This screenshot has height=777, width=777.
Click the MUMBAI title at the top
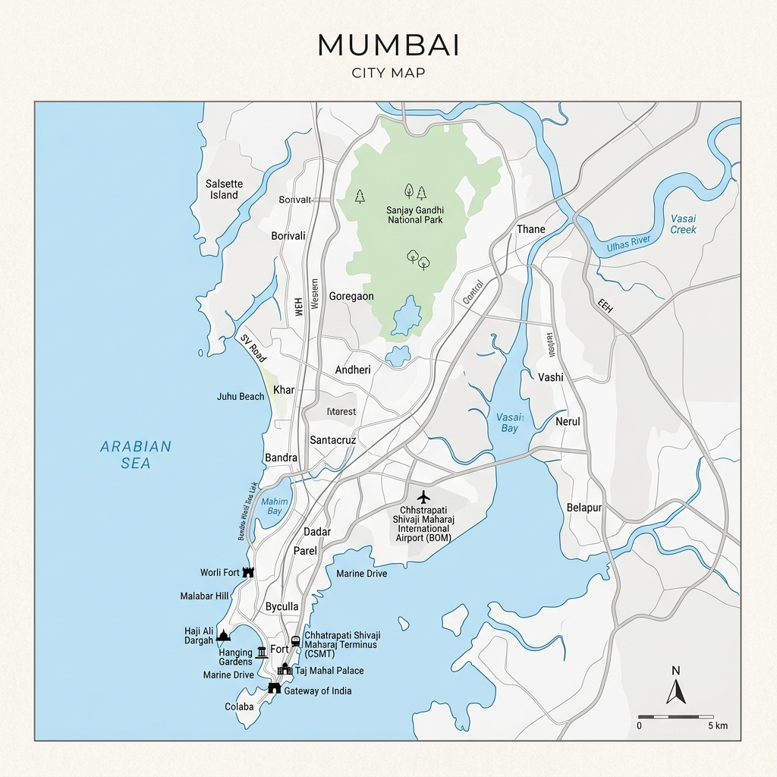pyautogui.click(x=388, y=46)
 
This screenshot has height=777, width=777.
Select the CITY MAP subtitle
pyautogui.click(x=388, y=73)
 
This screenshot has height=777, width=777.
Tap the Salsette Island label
pyautogui.click(x=224, y=189)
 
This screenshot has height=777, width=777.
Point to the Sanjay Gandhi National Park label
pyautogui.click(x=415, y=215)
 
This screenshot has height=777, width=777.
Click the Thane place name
pyautogui.click(x=531, y=229)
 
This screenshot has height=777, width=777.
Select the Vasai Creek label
pyautogui.click(x=683, y=224)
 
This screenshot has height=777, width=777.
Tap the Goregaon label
pyautogui.click(x=351, y=296)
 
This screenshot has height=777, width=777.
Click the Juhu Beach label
pyautogui.click(x=241, y=396)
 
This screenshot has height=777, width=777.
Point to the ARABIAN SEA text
pyautogui.click(x=136, y=455)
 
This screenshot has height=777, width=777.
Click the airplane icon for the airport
pyautogui.click(x=423, y=496)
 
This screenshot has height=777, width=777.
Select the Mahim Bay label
pyautogui.click(x=274, y=506)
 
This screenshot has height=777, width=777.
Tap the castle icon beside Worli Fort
pyautogui.click(x=247, y=572)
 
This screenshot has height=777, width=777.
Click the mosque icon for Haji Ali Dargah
pyautogui.click(x=222, y=635)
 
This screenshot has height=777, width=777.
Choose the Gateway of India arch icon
pyautogui.click(x=274, y=687)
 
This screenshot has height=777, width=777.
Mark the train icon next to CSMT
pyautogui.click(x=295, y=641)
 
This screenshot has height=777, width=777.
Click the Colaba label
pyautogui.click(x=239, y=706)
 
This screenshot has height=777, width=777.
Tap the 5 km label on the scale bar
pyautogui.click(x=717, y=726)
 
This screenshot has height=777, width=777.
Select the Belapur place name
pyautogui.click(x=584, y=507)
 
